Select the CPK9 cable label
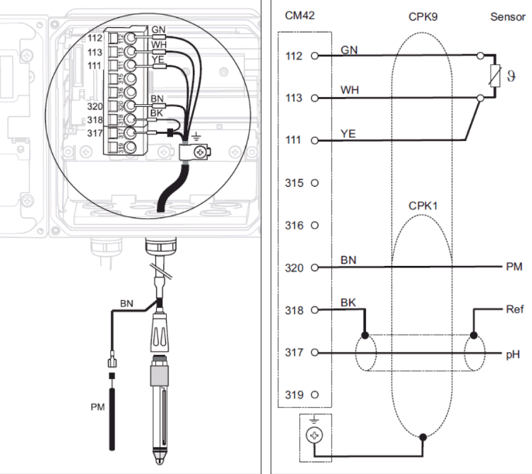coord(422,15)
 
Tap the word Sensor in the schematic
coord(507,15)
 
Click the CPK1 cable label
coord(422,205)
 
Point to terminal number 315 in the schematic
coord(294,183)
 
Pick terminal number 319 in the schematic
coord(294,394)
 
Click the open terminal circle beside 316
coord(314,226)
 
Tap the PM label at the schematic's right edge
coord(513,267)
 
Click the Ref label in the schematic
coord(513,309)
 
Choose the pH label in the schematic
coord(513,353)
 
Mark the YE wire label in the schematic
coord(349,133)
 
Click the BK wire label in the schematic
coord(349,303)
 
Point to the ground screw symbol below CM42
coord(311,434)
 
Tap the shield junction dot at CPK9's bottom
coord(422,436)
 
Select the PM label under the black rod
coord(98,407)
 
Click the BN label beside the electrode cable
coord(126,303)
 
